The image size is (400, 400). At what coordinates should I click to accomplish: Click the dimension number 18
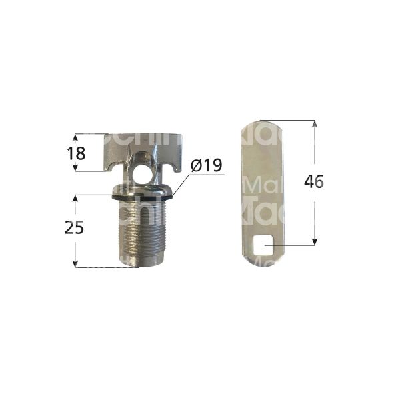(76, 153)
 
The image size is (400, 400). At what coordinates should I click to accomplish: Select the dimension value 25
(75, 228)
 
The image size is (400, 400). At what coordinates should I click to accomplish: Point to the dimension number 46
(313, 181)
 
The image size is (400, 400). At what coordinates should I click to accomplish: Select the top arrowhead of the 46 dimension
(313, 123)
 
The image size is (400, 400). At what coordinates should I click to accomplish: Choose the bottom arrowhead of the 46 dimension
(313, 243)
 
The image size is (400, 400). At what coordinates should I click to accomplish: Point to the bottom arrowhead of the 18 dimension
(76, 169)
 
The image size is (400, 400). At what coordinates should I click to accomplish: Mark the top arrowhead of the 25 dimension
(76, 198)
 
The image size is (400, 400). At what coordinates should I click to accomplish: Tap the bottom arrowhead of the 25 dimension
(76, 265)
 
